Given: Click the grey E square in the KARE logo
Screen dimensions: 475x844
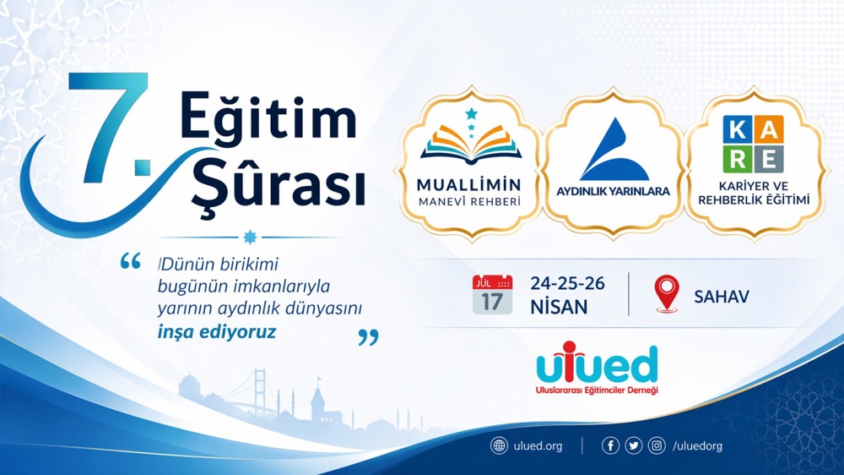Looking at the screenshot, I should pyautogui.click(x=770, y=158).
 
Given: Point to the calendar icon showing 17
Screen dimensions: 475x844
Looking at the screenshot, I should pyautogui.click(x=492, y=294).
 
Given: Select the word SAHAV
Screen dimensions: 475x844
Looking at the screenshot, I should pyautogui.click(x=721, y=297).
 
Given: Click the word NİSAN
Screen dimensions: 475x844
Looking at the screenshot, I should pyautogui.click(x=559, y=307).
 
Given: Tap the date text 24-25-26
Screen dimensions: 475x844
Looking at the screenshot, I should pyautogui.click(x=567, y=283).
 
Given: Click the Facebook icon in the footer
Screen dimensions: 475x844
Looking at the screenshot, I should pyautogui.click(x=610, y=445).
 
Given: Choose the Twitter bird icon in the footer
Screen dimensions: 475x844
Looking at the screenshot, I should pyautogui.click(x=633, y=445).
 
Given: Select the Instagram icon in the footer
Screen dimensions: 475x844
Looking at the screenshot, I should pyautogui.click(x=656, y=445).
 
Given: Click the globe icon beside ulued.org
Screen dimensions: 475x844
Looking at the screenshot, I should pyautogui.click(x=499, y=445).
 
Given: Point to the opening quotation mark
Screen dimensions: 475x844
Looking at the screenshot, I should pyautogui.click(x=131, y=262).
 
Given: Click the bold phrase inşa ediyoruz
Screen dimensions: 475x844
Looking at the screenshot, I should pyautogui.click(x=217, y=332).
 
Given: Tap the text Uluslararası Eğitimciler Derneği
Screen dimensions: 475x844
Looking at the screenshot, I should pyautogui.click(x=597, y=390).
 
